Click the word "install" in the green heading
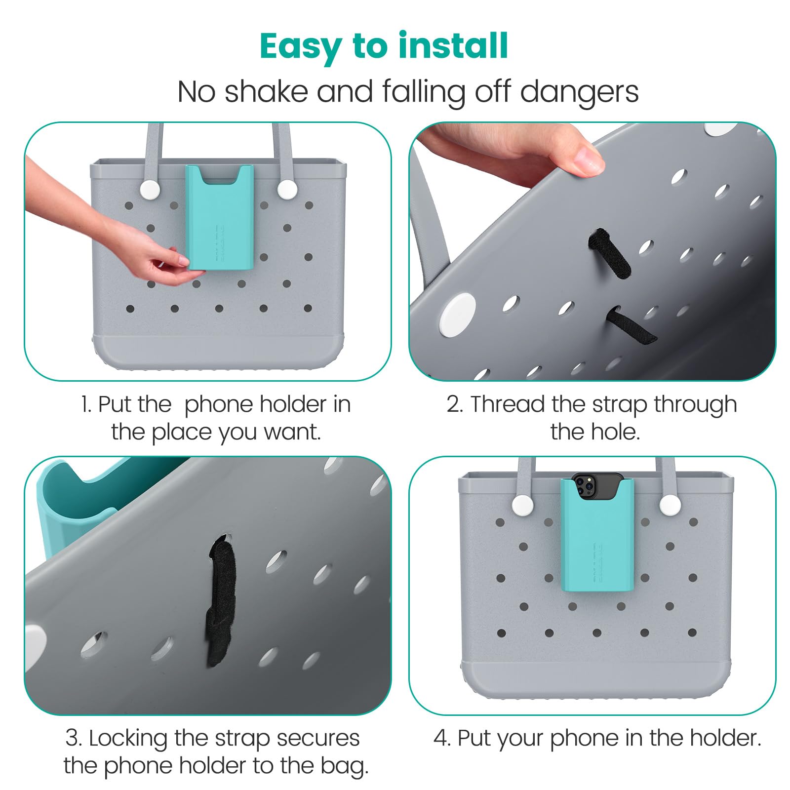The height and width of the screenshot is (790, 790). tap(453, 46)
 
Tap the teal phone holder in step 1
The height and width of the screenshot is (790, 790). tap(220, 217)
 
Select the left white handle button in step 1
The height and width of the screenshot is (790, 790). tap(149, 189)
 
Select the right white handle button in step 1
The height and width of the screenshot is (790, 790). tap(286, 189)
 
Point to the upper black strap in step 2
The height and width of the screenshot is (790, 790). tap(609, 253)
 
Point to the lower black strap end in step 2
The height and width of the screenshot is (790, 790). tap(632, 325)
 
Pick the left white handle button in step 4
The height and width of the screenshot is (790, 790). tap(522, 505)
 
